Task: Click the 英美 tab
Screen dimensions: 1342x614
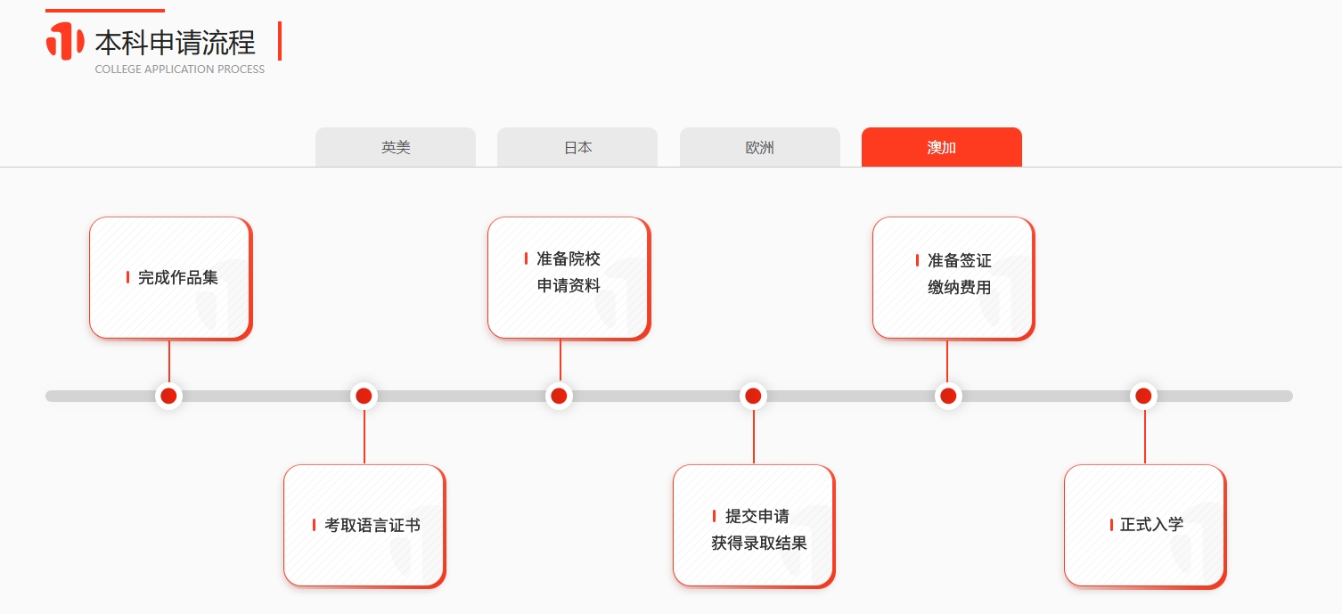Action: (396, 147)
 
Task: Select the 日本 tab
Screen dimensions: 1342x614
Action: (577, 147)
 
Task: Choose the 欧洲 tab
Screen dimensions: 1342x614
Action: (760, 147)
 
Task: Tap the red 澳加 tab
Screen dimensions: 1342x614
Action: (942, 147)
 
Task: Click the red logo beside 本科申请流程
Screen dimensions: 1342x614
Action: (65, 41)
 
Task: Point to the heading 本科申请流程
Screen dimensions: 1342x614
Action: (175, 43)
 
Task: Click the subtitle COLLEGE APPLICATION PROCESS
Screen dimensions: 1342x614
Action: (180, 70)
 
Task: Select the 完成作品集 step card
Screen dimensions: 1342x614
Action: (171, 279)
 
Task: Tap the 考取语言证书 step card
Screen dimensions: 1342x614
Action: (364, 526)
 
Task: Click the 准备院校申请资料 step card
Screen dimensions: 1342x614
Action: (569, 279)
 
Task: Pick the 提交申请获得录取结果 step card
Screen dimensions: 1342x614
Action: (754, 526)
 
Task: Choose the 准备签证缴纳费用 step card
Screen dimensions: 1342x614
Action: (953, 279)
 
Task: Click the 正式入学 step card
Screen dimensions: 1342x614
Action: (1145, 526)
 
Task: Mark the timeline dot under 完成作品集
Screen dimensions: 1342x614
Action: (169, 396)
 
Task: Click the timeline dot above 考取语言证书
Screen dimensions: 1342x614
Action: (364, 396)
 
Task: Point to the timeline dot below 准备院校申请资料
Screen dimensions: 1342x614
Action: (559, 396)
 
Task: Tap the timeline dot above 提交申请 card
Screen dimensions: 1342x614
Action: (753, 396)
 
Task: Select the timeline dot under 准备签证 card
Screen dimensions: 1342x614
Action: (948, 396)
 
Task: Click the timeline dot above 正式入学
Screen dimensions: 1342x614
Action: (1143, 396)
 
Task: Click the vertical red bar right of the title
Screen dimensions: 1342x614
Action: (280, 41)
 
